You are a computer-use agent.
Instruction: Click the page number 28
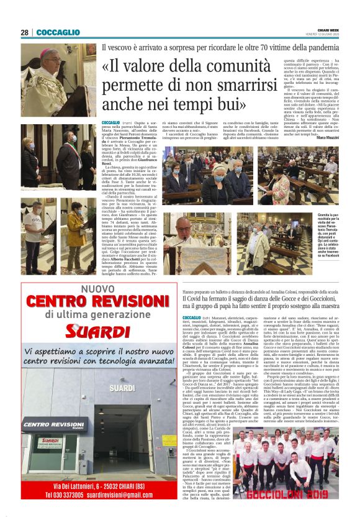pyautogui.click(x=25, y=32)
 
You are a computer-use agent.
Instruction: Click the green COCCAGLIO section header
pyautogui.click(x=58, y=32)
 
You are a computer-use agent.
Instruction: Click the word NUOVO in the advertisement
pyautogui.click(x=102, y=289)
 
